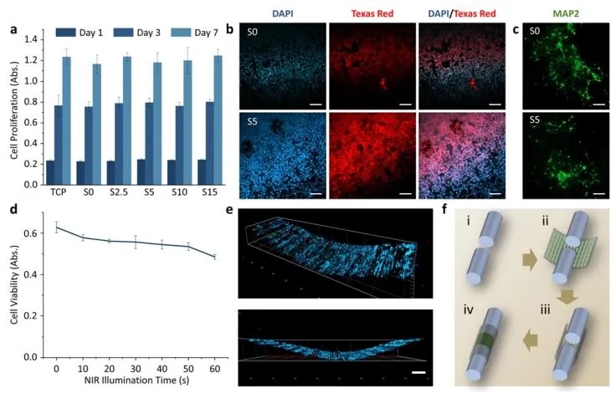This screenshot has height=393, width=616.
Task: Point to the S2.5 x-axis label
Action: click(117, 194)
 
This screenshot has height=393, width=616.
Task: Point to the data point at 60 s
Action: click(214, 257)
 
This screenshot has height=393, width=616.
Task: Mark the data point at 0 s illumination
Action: click(56, 227)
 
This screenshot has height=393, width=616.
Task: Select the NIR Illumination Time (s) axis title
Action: click(135, 383)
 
